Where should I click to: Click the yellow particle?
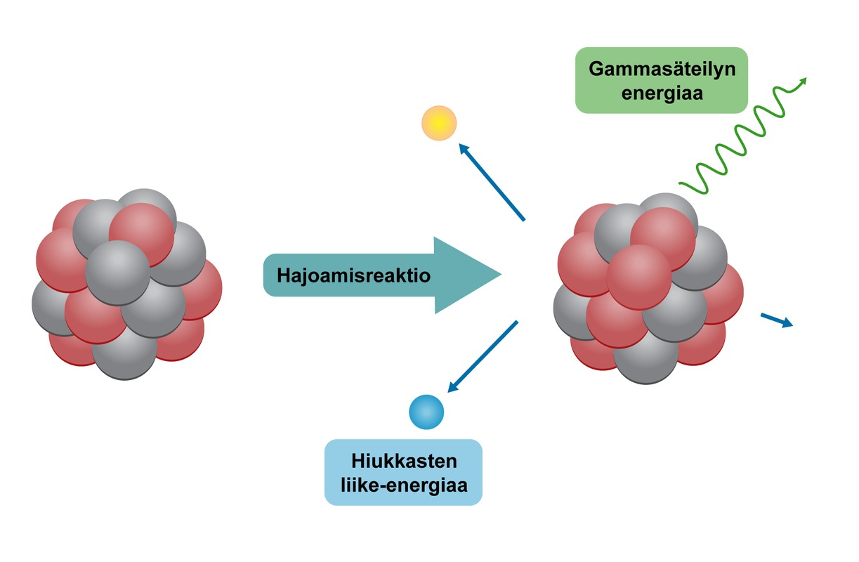(439, 123)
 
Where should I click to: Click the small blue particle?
(426, 412)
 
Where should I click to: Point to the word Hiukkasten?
(403, 462)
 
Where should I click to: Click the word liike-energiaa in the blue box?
(403, 484)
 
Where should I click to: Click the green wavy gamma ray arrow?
(737, 137)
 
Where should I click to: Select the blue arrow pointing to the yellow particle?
(492, 182)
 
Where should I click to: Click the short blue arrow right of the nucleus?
(777, 320)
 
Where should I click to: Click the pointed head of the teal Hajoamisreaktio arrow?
(485, 275)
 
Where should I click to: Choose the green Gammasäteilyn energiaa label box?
(661, 80)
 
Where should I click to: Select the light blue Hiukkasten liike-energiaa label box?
(403, 472)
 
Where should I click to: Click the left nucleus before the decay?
(126, 285)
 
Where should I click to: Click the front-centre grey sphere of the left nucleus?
(117, 273)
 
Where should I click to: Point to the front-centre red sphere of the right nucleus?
(638, 277)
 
